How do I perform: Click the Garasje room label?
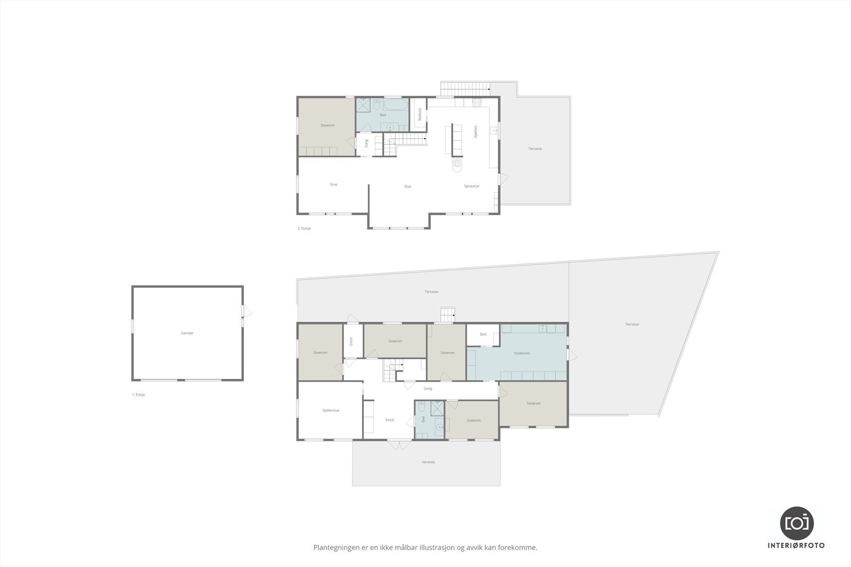[x=187, y=333]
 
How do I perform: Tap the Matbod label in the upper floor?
[x=420, y=115]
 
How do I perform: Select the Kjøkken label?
[x=476, y=131]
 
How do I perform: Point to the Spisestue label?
[x=472, y=187]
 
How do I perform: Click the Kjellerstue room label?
[x=331, y=410]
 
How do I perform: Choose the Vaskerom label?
[x=522, y=353]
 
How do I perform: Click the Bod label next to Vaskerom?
[x=483, y=335]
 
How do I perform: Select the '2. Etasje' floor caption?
[x=304, y=229]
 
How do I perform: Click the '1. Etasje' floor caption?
[x=139, y=395]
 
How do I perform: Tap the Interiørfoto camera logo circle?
[x=797, y=522]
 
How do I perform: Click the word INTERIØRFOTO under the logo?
[x=797, y=546]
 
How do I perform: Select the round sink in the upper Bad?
[x=390, y=126]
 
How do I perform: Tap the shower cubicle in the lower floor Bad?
[x=437, y=408]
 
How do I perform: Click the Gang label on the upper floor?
[x=366, y=143]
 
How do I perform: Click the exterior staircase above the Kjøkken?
[x=464, y=88]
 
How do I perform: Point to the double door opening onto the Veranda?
[x=399, y=444]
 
